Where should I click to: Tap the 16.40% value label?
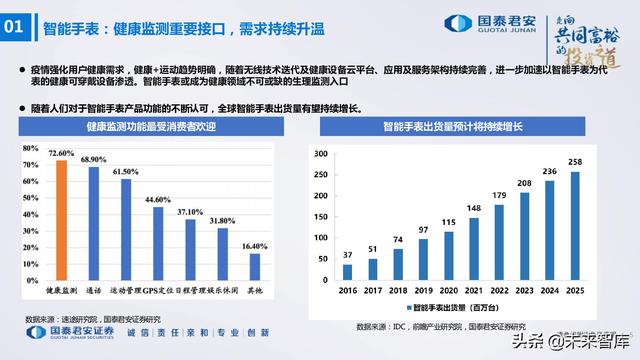256,246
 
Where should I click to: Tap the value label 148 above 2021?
472,208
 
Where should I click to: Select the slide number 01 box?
20,28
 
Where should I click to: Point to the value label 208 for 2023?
525,184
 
